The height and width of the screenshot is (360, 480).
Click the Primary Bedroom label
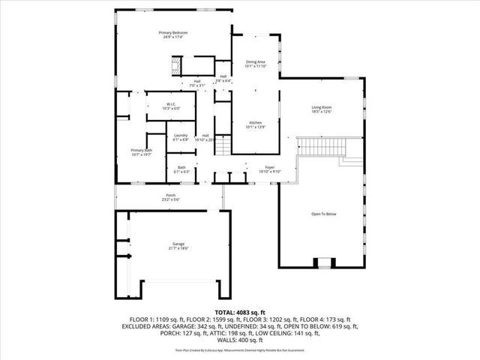point(172,33)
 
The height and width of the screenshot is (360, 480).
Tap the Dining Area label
point(255,61)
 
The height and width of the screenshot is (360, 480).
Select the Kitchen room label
point(255,122)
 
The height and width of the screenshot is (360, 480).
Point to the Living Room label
point(322,107)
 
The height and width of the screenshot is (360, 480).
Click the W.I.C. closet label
point(171,104)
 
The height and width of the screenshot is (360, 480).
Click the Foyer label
point(270,167)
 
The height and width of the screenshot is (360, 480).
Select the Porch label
point(171,196)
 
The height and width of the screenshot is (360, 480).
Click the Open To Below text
point(324,214)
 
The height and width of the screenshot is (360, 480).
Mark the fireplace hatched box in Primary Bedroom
point(173,67)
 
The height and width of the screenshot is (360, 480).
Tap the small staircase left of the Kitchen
point(223,148)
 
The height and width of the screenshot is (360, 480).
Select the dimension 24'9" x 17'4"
point(172,37)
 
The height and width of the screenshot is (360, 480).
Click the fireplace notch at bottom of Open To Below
point(324,262)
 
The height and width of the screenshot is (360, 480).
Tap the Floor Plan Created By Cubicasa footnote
point(240,349)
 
